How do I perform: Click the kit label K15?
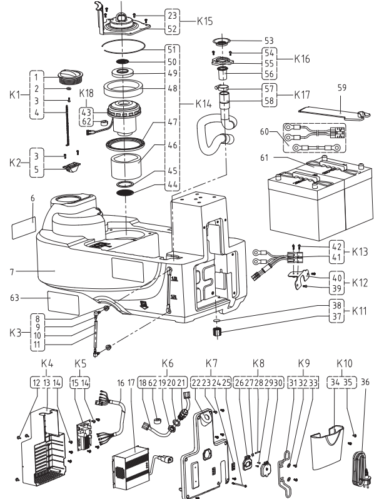coord(205,21)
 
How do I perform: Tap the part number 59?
coord(341,88)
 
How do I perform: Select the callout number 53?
coord(269,41)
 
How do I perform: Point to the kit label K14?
coord(203,104)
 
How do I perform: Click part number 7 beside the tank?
coord(12,272)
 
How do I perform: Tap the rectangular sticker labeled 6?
coord(24,227)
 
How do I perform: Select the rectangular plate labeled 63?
coord(63,302)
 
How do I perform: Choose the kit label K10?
coord(345,363)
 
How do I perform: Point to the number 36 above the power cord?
coord(365,382)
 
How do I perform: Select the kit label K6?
coord(168,363)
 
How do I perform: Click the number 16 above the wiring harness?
coord(121,383)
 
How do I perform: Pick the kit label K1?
coord(14,95)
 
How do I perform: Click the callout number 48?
coord(172,88)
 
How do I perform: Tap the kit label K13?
coord(360,252)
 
